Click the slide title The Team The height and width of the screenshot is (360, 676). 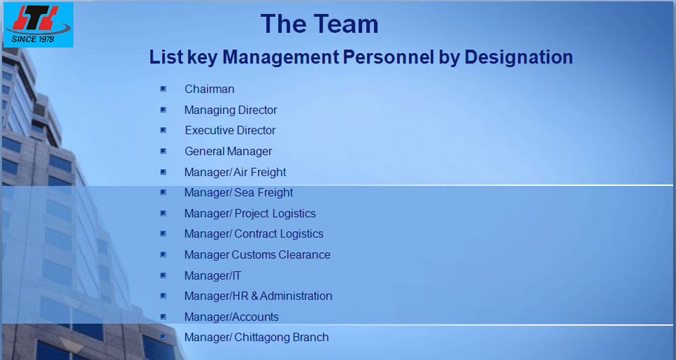click(320, 24)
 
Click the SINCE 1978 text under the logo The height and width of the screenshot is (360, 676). click(33, 39)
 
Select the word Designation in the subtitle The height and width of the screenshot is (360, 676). click(519, 57)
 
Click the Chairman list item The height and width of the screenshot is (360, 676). click(210, 89)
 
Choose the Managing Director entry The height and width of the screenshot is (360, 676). click(231, 111)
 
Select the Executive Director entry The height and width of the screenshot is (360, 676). click(230, 130)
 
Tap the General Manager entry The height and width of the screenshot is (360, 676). click(228, 151)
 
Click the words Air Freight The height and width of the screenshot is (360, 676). click(260, 173)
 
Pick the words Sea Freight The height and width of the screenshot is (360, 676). click(263, 193)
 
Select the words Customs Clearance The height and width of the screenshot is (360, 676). click(281, 255)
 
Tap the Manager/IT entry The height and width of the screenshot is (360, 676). click(213, 275)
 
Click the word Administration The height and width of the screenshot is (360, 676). click(296, 296)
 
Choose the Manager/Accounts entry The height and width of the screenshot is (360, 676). click(232, 317)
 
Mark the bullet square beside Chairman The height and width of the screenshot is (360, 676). click(163, 89)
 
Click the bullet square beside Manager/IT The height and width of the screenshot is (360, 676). click(163, 275)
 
